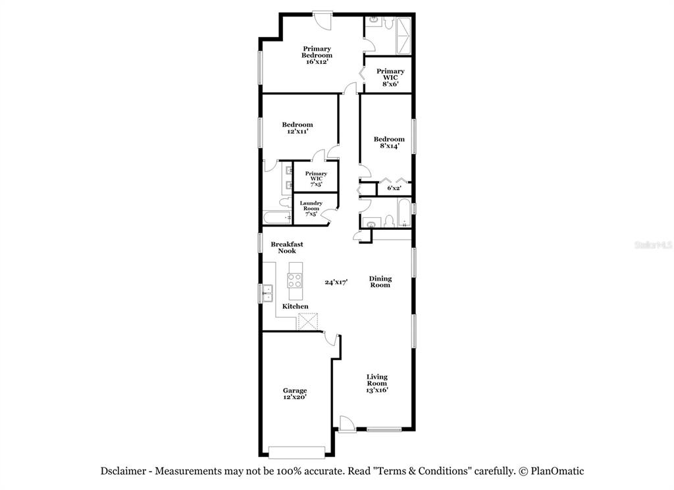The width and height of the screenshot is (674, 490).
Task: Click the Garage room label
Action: click(295, 394)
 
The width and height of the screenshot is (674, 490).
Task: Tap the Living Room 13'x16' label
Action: click(377, 383)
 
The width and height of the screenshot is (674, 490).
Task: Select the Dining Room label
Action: click(380, 281)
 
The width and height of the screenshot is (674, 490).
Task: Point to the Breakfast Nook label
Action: click(287, 248)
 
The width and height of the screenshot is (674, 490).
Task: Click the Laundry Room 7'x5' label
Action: click(311, 208)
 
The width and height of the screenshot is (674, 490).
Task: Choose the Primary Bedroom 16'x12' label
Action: click(317, 55)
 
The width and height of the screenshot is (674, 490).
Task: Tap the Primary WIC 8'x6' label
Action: click(390, 78)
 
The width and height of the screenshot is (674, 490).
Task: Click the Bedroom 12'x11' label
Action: click(298, 128)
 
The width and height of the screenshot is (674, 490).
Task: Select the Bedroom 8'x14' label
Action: click(389, 142)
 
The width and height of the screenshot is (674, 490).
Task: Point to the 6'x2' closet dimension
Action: click(394, 188)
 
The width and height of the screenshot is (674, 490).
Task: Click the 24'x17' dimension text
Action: click(336, 283)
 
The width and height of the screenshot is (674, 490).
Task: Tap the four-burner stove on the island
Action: click(295, 281)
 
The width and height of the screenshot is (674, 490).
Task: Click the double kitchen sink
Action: click(267, 293)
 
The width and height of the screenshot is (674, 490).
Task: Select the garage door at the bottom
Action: click(297, 452)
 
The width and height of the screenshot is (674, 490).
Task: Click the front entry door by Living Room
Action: click(346, 423)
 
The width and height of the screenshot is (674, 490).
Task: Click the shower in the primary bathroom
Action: click(403, 36)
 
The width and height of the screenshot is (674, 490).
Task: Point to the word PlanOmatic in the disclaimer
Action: click(557, 471)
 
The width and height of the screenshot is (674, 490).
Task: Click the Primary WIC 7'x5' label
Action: click(316, 179)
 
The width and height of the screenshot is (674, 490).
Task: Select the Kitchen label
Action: click(296, 306)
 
